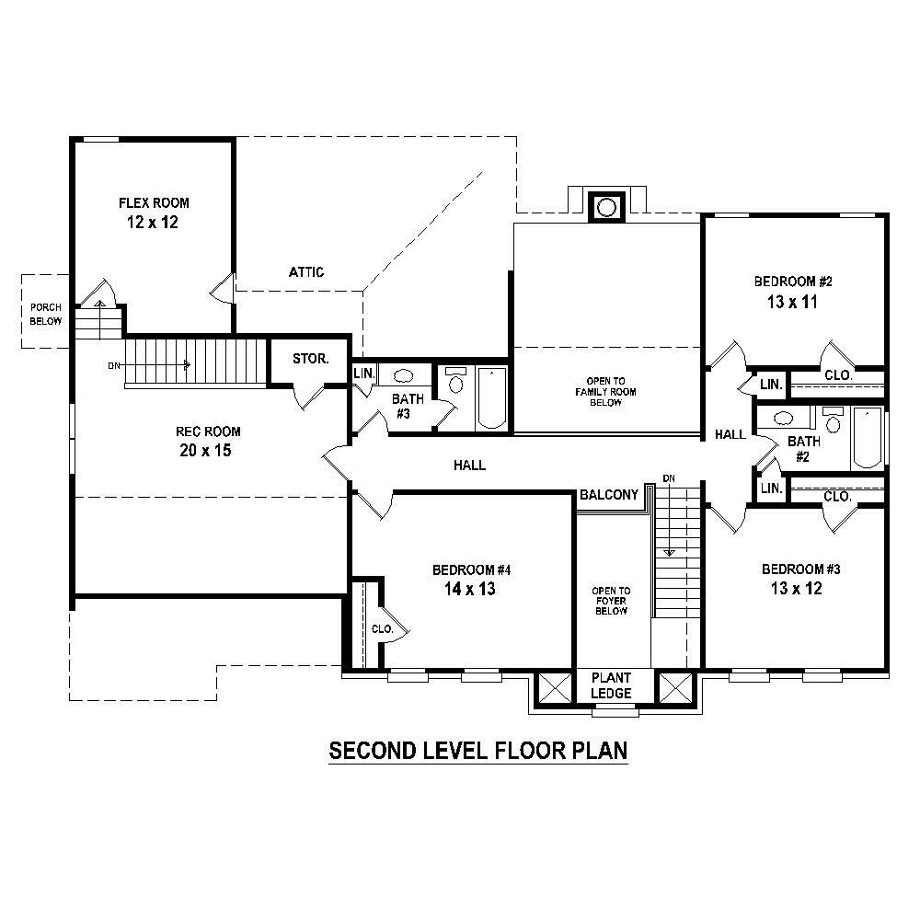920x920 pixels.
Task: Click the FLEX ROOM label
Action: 154,202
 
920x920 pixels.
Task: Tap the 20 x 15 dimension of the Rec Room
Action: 212,451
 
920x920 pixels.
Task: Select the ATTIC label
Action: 306,272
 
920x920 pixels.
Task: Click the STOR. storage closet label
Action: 311,359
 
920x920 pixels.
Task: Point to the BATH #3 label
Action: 408,407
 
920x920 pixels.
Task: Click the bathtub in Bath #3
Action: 492,397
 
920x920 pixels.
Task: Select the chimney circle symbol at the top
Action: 605,207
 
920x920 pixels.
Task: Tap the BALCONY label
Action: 609,495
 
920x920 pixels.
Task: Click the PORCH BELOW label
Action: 46,314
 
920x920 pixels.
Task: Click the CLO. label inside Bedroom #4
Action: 383,629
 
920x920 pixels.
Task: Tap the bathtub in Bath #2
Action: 868,438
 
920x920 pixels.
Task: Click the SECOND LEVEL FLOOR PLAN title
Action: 478,751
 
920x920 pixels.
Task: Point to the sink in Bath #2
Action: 784,419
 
